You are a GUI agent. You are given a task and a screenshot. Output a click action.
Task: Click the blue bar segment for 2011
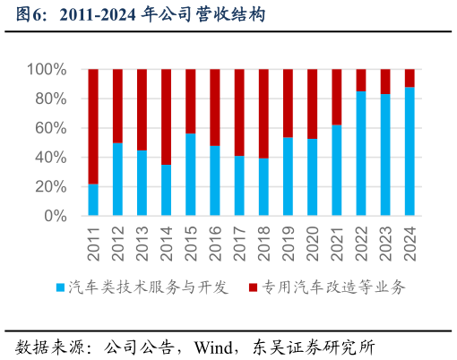click(x=93, y=200)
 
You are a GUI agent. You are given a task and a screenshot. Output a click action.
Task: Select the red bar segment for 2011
click(x=93, y=125)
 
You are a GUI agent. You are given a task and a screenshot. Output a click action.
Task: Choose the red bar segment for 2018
click(x=263, y=114)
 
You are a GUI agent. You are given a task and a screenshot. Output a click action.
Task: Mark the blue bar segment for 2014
click(x=167, y=190)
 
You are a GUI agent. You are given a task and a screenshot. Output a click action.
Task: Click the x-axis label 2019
click(x=289, y=243)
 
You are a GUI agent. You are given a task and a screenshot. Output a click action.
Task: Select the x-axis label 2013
click(x=142, y=243)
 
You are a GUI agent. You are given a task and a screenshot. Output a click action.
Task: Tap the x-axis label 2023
click(x=386, y=243)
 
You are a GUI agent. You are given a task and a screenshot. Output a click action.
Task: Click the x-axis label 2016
click(x=215, y=243)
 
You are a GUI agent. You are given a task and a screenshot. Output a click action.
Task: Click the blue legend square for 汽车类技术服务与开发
click(x=60, y=287)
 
